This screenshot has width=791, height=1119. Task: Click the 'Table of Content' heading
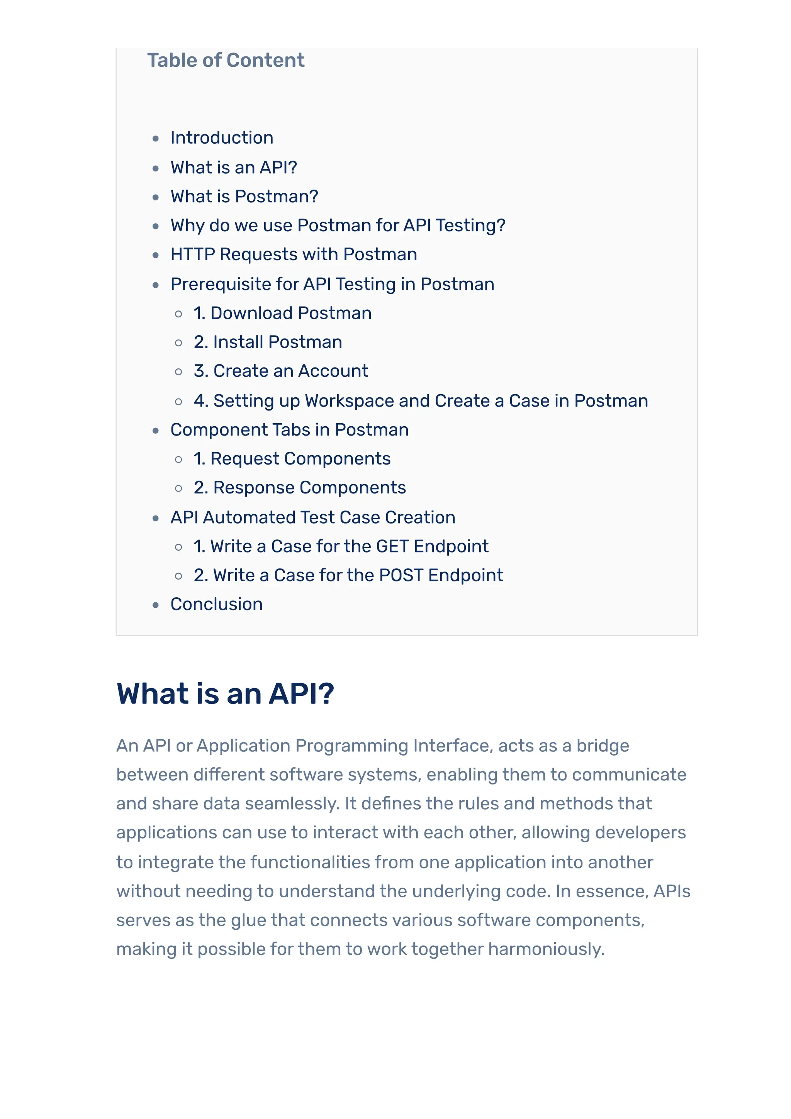click(226, 61)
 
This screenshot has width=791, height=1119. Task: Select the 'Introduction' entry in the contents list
click(222, 138)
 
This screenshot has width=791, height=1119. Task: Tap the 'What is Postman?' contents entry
click(244, 197)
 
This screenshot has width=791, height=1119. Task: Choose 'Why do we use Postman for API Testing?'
click(338, 225)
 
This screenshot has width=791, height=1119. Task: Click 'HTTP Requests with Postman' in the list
click(294, 254)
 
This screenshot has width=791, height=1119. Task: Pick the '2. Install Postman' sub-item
click(268, 342)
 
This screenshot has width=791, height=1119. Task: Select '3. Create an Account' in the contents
click(281, 371)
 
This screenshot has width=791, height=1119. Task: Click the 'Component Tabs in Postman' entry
click(290, 430)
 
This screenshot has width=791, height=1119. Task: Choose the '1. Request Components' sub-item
click(292, 459)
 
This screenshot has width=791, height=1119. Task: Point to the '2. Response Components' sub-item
click(300, 488)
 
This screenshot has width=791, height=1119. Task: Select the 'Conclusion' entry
click(216, 604)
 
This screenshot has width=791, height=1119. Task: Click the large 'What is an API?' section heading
click(225, 693)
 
